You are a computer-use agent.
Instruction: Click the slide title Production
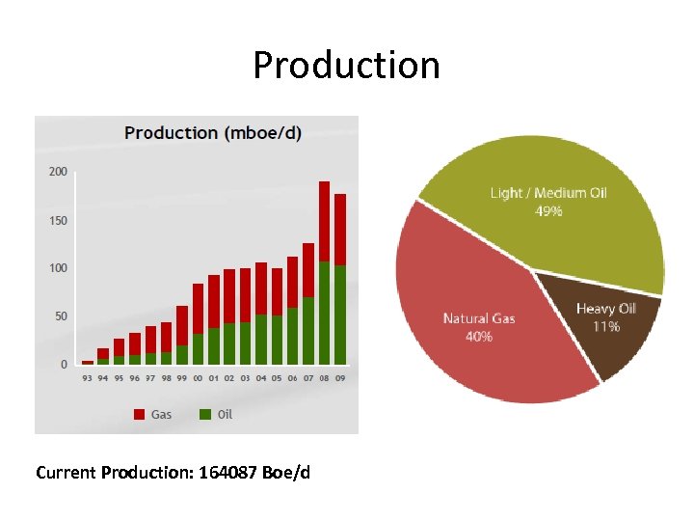tap(346, 66)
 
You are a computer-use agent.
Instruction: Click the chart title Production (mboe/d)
tap(212, 133)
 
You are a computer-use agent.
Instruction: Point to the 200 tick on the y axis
tap(59, 172)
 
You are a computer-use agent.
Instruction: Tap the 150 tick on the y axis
tap(59, 220)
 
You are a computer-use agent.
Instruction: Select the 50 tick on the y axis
tap(59, 316)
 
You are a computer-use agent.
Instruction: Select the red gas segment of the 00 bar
tap(198, 309)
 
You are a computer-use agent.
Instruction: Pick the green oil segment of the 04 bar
tap(261, 340)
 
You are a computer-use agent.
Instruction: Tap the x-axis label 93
tap(88, 378)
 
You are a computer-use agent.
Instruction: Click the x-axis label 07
tap(308, 378)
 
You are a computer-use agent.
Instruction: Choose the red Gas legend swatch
tap(140, 414)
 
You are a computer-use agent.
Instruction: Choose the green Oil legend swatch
tap(205, 414)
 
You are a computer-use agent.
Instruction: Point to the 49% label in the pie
tap(548, 210)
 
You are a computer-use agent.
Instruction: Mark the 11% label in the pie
tap(606, 326)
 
